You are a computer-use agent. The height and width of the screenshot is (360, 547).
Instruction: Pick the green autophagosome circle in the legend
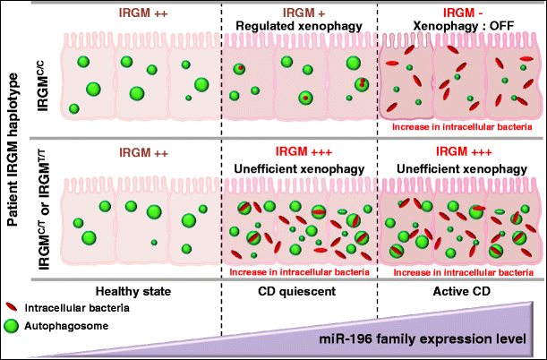(x=15, y=326)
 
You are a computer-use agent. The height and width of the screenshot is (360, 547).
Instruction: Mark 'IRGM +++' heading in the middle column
(x=298, y=154)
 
